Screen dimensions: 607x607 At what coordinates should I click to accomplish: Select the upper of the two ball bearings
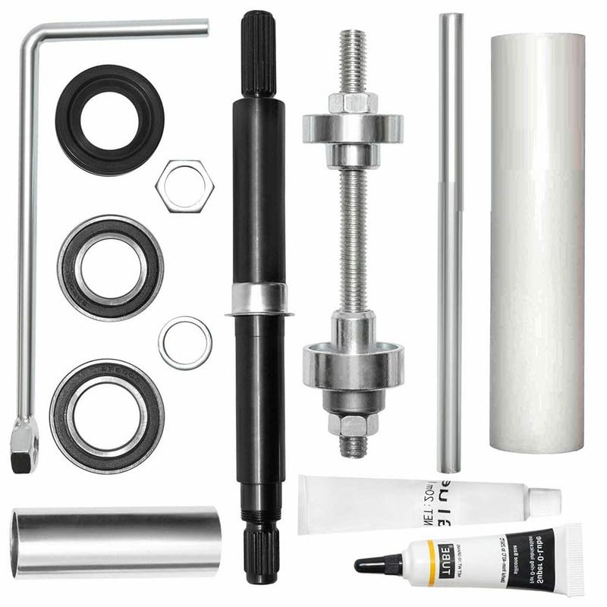click(110, 267)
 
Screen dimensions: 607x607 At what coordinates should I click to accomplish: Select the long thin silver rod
click(449, 243)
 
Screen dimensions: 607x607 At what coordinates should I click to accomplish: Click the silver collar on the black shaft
click(259, 299)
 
